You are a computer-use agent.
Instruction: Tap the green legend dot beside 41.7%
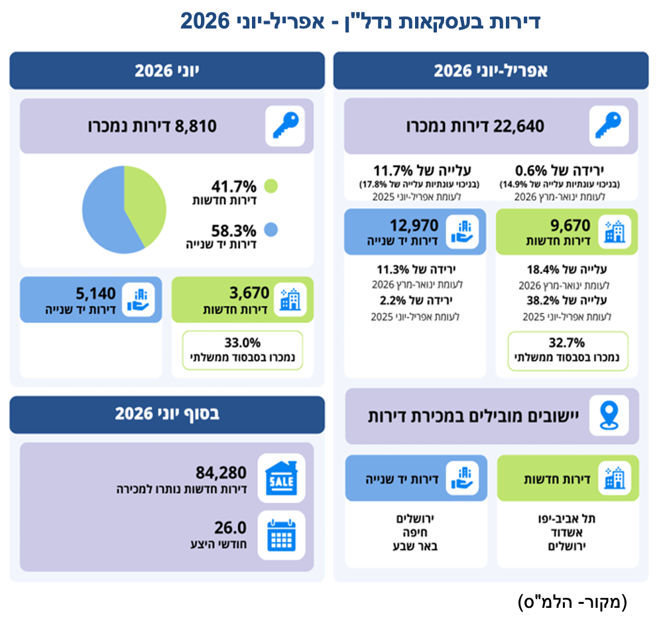[x=270, y=186]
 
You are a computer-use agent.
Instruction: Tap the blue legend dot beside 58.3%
[x=270, y=230]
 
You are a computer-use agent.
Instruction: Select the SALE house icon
[x=281, y=478]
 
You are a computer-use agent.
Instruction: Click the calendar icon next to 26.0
[x=282, y=535]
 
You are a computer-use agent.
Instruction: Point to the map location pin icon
[x=609, y=416]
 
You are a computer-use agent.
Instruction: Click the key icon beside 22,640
[x=609, y=125]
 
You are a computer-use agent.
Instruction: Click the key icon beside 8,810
[x=286, y=125]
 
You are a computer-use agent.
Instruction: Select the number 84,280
[x=221, y=473]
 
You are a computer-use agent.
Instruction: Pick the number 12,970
[x=414, y=225]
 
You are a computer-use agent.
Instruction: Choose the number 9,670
[x=570, y=225]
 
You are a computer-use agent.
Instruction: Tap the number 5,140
[x=95, y=293]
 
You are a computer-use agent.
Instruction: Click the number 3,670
[x=249, y=293]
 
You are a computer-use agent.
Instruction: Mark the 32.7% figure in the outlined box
[x=567, y=343]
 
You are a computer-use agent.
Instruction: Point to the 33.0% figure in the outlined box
[x=243, y=343]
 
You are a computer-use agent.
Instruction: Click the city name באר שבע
[x=415, y=546]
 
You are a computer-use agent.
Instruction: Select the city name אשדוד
[x=567, y=533]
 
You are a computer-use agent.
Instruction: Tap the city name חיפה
[x=415, y=533]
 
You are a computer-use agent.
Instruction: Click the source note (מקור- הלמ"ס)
[x=572, y=602]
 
